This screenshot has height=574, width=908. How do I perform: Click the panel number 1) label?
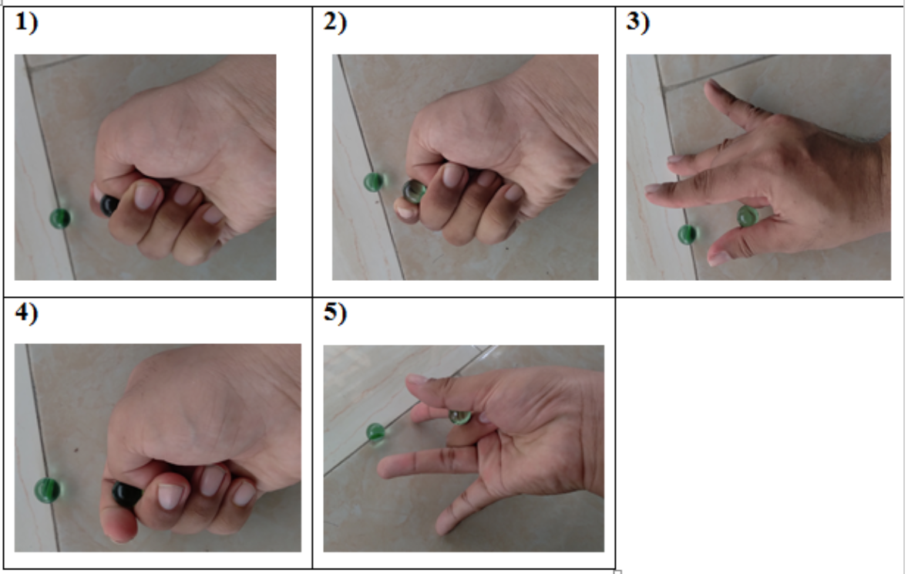26,22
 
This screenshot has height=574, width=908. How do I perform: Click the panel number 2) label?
335,22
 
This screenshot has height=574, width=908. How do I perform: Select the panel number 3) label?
637,22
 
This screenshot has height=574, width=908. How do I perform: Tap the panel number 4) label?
26,312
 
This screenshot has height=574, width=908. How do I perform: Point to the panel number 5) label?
335,312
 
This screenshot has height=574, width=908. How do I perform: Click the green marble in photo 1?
59,218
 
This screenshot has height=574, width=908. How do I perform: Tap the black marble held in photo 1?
109,205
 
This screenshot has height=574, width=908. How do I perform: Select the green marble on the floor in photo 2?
374,182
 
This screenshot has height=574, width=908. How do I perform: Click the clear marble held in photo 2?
414,191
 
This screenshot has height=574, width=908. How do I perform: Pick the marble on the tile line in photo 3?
688,235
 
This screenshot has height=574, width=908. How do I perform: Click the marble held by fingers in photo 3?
747,216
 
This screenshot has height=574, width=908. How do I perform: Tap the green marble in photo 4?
47,490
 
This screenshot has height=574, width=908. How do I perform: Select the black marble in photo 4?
127,494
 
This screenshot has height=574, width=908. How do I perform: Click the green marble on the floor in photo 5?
375,432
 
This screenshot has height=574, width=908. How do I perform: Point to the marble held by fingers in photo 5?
460,417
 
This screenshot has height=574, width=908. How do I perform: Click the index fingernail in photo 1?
146,196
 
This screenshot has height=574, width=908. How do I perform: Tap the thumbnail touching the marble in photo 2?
405,211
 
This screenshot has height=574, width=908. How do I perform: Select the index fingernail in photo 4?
170,496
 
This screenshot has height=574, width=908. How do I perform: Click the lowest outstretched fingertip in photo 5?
443,526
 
